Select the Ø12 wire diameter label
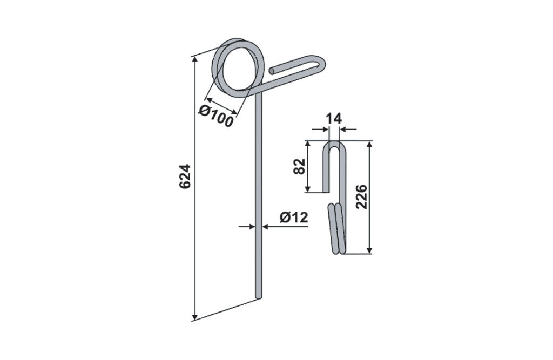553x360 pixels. (x=294, y=217)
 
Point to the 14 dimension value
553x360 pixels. (x=333, y=119)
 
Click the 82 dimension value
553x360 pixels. (x=299, y=166)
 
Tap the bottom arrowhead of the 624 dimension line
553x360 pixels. (x=194, y=316)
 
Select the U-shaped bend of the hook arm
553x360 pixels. (x=320, y=64)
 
